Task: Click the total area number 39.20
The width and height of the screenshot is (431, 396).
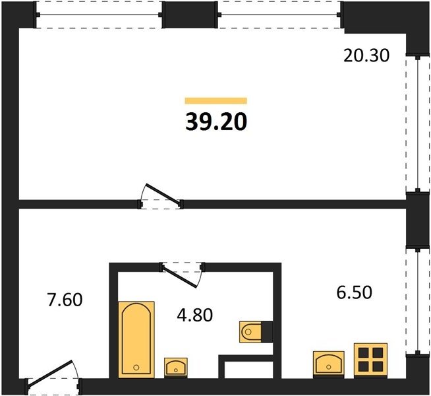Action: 216,122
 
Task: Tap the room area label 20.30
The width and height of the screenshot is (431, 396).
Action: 366,56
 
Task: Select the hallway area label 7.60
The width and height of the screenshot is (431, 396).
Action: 65,300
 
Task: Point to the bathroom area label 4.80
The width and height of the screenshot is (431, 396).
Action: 195,315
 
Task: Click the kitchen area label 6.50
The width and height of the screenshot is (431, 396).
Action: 355,292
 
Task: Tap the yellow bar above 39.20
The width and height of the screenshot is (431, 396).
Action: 216,101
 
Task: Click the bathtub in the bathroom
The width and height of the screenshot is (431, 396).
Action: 136,339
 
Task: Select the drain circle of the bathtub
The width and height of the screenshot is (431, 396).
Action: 136,367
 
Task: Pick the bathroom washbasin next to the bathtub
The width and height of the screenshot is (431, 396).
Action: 176,367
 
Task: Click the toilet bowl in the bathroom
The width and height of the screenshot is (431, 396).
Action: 250,332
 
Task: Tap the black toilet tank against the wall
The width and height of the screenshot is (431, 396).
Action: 267,332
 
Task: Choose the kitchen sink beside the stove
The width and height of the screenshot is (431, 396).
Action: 329,364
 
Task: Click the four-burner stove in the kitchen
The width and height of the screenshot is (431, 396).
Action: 370,360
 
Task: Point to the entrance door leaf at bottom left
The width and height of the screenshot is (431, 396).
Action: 50,374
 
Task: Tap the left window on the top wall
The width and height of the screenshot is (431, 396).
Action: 99,15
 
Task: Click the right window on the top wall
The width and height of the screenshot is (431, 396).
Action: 279,15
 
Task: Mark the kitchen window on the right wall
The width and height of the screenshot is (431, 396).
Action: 418,301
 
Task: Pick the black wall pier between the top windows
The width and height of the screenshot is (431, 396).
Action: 190,15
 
